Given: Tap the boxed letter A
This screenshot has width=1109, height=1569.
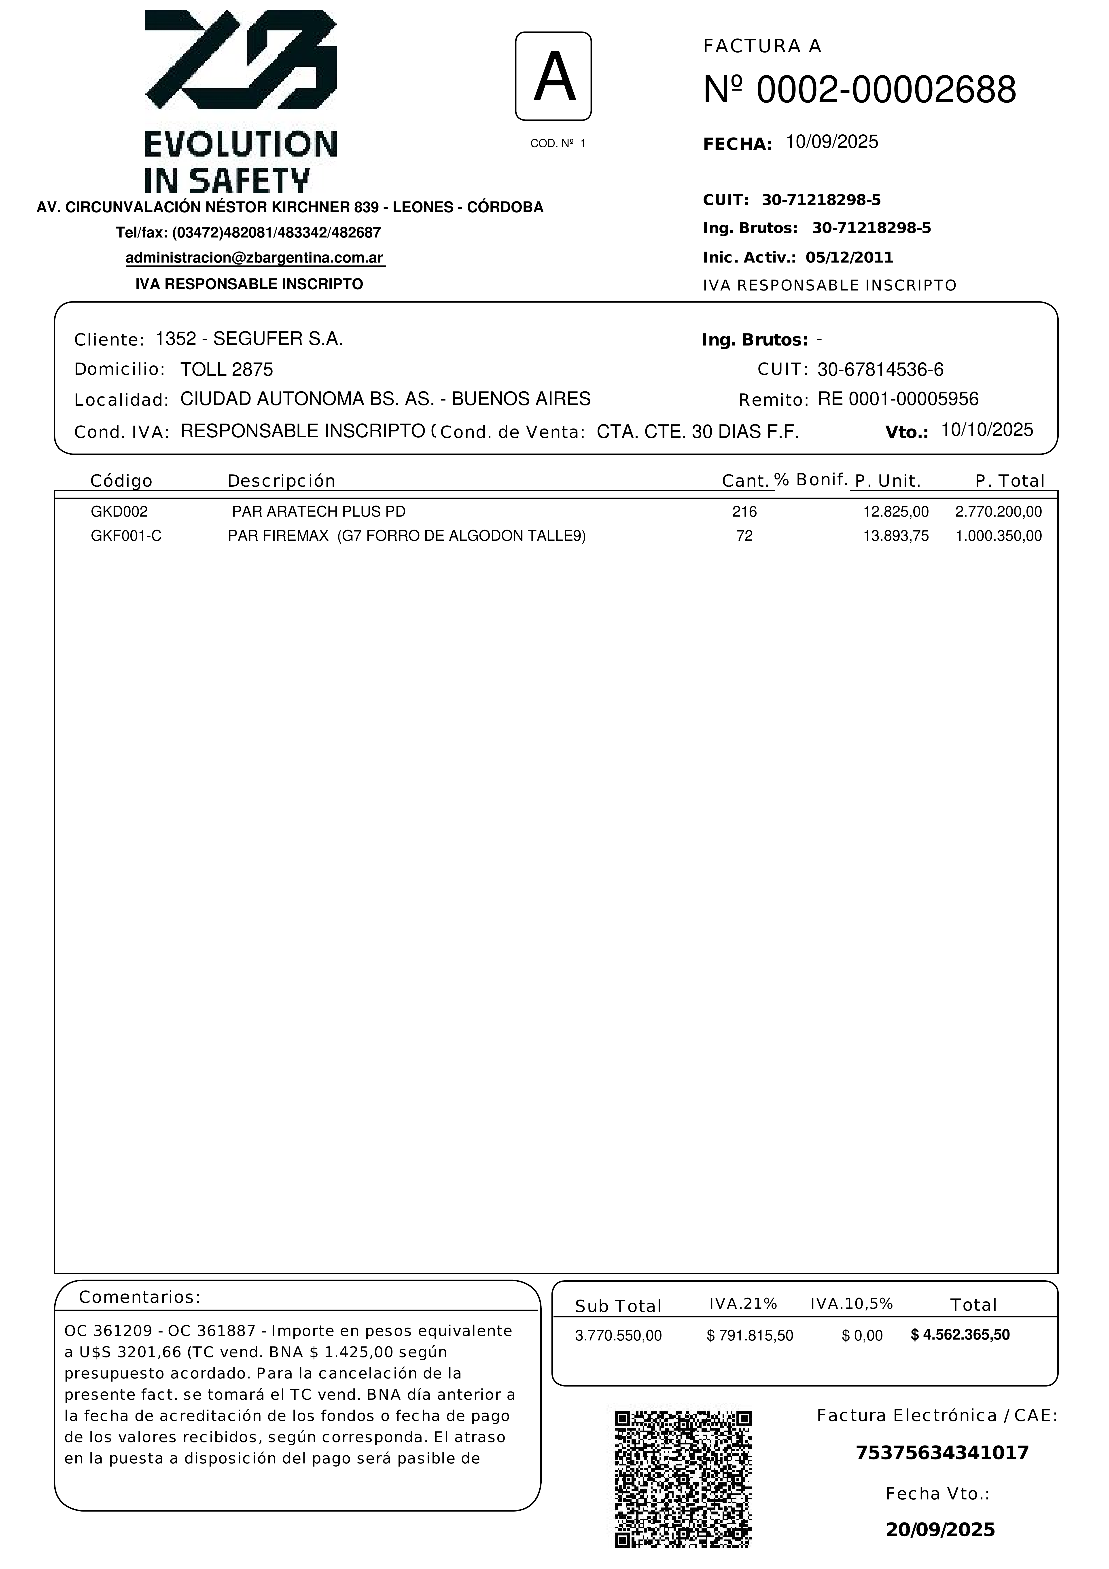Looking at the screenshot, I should [553, 76].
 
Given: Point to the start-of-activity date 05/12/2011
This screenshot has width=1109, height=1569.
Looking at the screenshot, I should [849, 258].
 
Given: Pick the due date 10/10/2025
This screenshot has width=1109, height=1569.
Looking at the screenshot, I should [987, 430].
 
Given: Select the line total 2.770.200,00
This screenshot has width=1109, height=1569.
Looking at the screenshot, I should [998, 512].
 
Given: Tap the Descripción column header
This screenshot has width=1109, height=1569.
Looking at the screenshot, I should [282, 481].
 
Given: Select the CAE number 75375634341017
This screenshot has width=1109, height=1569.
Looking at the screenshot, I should [942, 1453].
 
